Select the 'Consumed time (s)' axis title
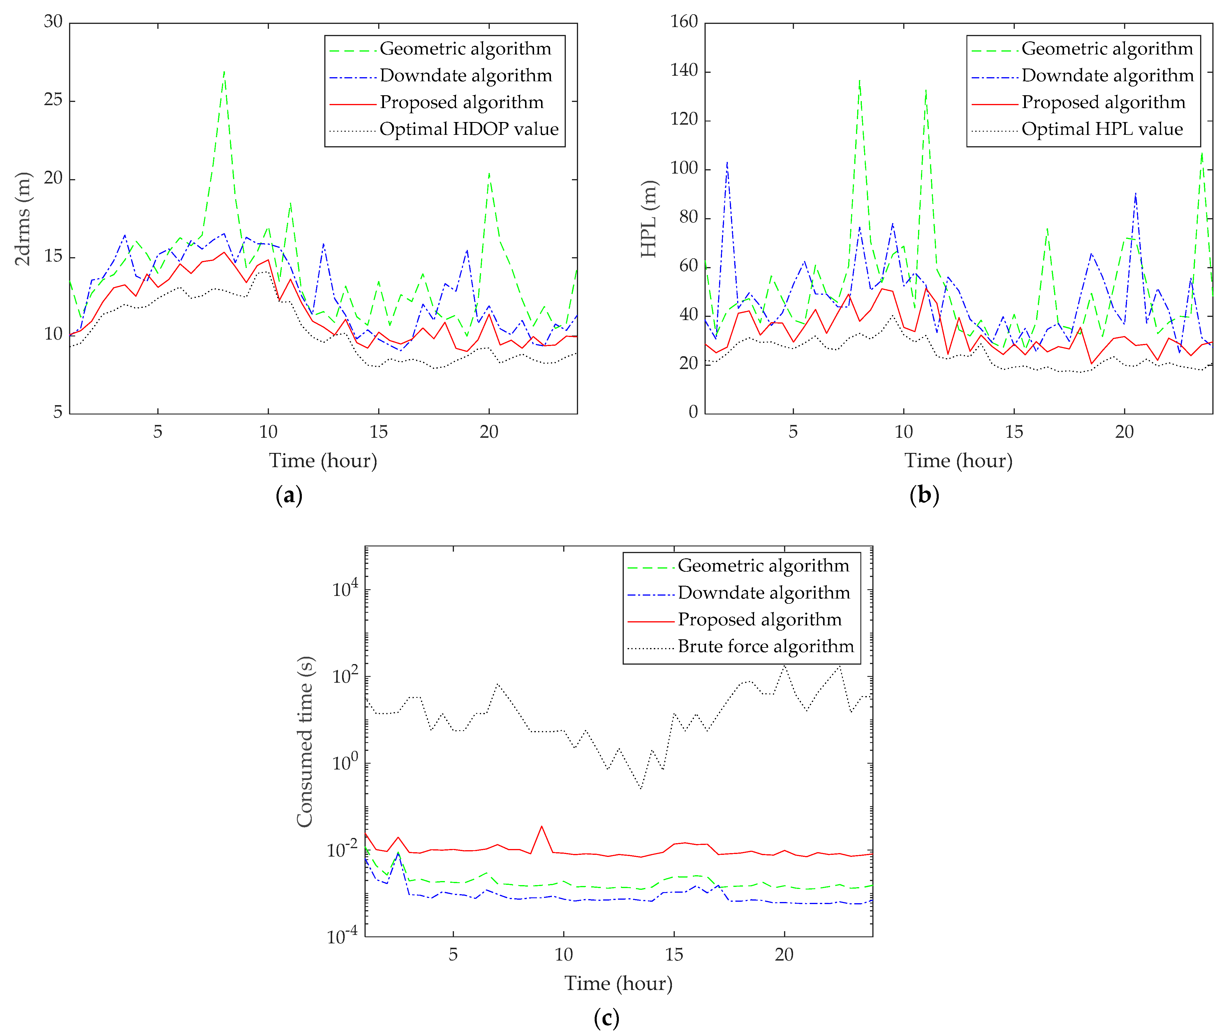[x=304, y=742]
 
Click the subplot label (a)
[x=288, y=495]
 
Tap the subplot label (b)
[x=924, y=495]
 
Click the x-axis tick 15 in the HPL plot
[x=1014, y=432]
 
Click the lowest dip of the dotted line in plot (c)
[x=640, y=788]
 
